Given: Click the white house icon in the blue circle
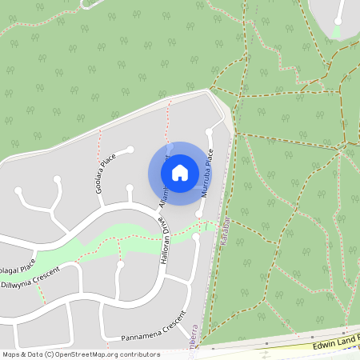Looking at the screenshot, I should point(180,172).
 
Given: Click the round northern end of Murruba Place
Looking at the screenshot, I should point(209,131).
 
